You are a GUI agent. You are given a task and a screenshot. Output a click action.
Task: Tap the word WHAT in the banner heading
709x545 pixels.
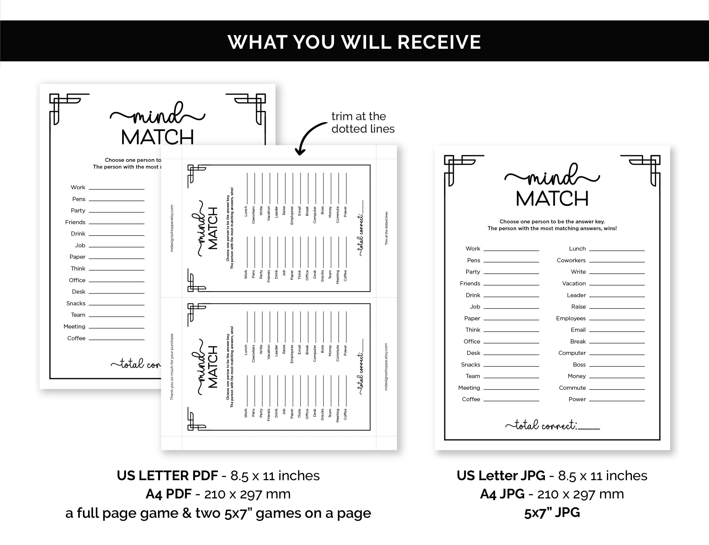[257, 42]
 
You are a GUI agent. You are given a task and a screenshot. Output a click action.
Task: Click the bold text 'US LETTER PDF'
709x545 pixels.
[167, 476]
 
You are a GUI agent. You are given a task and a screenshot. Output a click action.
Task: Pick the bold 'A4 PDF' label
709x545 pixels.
[168, 494]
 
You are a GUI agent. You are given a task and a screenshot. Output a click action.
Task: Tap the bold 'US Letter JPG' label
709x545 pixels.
[501, 476]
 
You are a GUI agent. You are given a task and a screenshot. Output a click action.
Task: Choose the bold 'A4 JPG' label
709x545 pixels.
[502, 494]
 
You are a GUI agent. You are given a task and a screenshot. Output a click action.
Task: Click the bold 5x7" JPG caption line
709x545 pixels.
[552, 513]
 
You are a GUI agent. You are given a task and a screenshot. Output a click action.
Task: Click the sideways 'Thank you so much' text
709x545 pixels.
[172, 367]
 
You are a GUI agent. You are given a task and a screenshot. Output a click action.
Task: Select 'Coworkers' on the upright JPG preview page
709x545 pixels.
[571, 260]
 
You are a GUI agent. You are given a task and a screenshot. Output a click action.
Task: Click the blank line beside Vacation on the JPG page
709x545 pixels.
[617, 285]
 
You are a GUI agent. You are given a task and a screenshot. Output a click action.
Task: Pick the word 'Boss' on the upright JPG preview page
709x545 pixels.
[579, 365]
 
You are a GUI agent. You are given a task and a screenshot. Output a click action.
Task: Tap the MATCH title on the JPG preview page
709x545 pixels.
[552, 199]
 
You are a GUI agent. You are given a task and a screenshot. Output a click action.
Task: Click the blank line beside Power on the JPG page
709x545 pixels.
[617, 401]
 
